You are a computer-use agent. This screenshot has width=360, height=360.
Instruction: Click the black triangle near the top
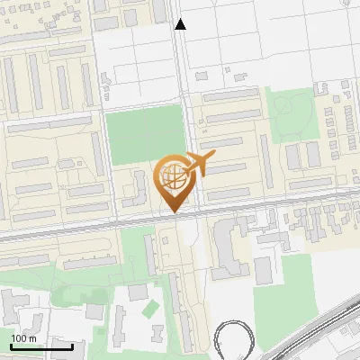point(181,24)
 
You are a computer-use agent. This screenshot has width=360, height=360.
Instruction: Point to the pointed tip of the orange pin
point(173,211)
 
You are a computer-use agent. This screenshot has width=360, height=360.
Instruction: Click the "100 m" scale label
point(24,338)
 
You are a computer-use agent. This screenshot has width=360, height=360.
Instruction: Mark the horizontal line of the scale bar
point(41,346)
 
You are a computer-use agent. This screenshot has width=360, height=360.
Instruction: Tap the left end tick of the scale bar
point(11,346)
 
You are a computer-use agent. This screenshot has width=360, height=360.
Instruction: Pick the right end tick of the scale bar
point(72,346)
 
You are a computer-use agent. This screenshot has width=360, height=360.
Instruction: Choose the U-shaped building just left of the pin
point(137,187)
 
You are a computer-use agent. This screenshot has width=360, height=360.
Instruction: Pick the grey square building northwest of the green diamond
point(138,292)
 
